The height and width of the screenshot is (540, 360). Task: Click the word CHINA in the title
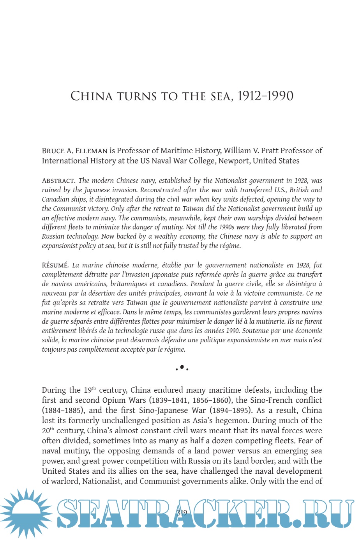click(92, 96)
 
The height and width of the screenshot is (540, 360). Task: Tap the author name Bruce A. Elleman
click(74, 151)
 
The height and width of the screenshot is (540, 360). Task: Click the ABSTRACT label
click(58, 181)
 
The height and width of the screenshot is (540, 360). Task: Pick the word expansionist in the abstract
click(61, 246)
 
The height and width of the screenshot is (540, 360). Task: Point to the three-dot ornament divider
click(182, 368)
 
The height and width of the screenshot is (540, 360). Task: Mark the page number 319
click(182, 513)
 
